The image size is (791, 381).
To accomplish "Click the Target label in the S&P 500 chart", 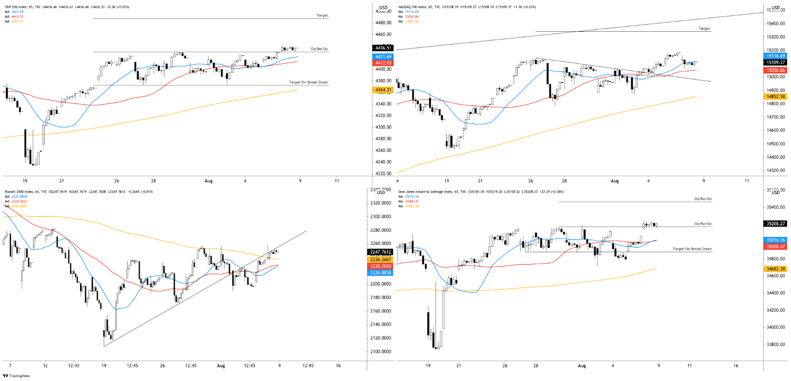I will click(322, 16).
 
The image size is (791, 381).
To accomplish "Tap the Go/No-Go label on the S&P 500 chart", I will click(319, 49).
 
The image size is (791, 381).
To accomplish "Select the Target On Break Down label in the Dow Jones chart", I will click(692, 249).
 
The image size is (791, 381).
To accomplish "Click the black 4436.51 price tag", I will click(383, 48).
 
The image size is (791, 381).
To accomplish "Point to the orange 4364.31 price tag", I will click(383, 90).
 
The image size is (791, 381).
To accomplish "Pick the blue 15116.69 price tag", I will click(775, 56).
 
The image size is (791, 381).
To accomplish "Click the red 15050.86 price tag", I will click(775, 70).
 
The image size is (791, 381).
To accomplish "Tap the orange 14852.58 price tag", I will click(775, 96).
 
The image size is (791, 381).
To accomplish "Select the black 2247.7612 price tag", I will click(381, 252).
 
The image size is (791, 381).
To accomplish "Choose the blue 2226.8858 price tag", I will click(381, 273).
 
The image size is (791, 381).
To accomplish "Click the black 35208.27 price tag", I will click(775, 224).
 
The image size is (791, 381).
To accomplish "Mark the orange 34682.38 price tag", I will click(775, 269).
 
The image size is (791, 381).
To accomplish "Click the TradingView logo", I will click(16, 376).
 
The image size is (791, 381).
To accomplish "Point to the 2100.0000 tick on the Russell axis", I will click(381, 352).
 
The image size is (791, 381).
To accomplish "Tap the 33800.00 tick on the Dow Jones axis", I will click(775, 344).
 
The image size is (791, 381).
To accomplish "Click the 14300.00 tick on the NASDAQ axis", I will click(775, 171).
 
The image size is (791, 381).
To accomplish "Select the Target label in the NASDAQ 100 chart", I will click(704, 29).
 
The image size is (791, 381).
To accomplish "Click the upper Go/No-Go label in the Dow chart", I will click(703, 199).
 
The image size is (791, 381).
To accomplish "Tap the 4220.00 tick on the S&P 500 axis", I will click(383, 174).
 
